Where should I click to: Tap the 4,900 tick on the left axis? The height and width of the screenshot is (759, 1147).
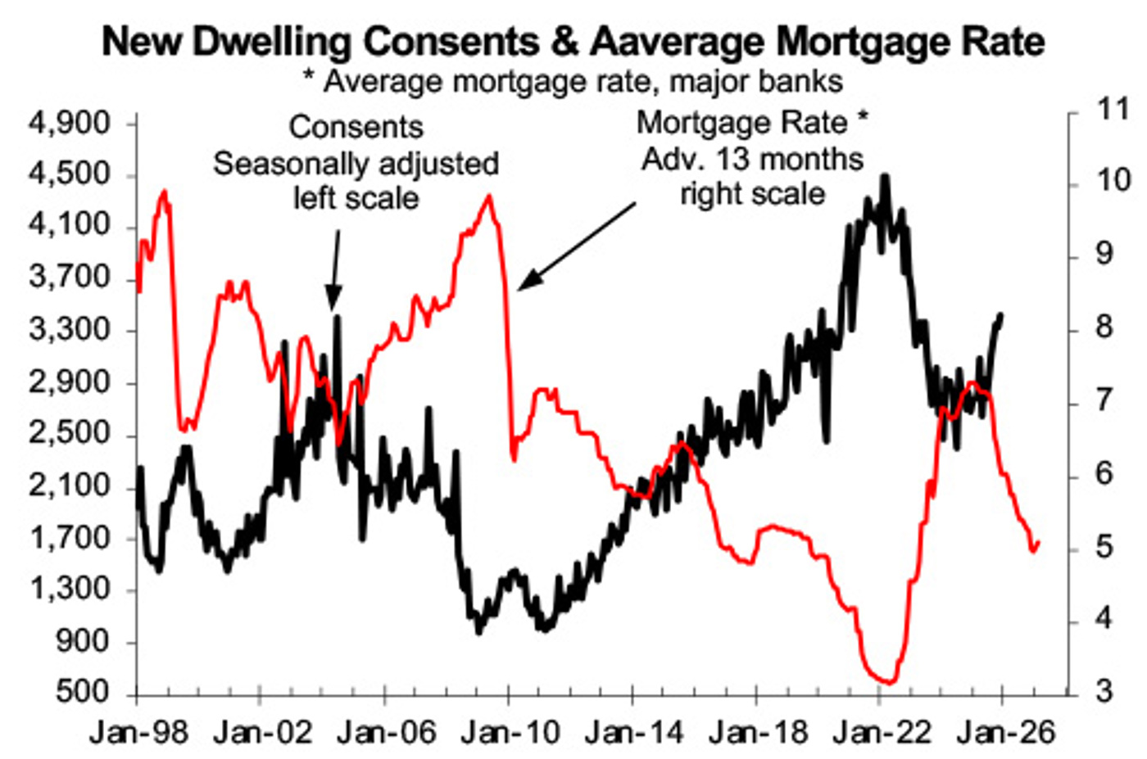click(x=69, y=123)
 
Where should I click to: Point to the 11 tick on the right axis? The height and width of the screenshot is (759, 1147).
click(x=1113, y=108)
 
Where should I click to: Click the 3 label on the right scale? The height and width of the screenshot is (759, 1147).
click(x=1104, y=691)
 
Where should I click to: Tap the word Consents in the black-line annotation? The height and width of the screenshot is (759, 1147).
click(x=356, y=128)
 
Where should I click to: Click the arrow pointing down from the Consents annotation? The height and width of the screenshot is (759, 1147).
click(x=335, y=270)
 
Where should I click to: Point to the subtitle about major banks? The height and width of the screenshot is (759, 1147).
click(x=573, y=82)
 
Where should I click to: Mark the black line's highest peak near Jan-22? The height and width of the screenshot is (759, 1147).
click(x=885, y=176)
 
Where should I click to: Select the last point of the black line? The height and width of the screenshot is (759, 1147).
click(x=1001, y=315)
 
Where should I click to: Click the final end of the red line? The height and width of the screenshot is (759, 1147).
click(x=1038, y=542)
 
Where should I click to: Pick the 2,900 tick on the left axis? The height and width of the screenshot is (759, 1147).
click(x=69, y=382)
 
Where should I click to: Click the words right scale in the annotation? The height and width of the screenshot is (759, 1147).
click(x=752, y=194)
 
